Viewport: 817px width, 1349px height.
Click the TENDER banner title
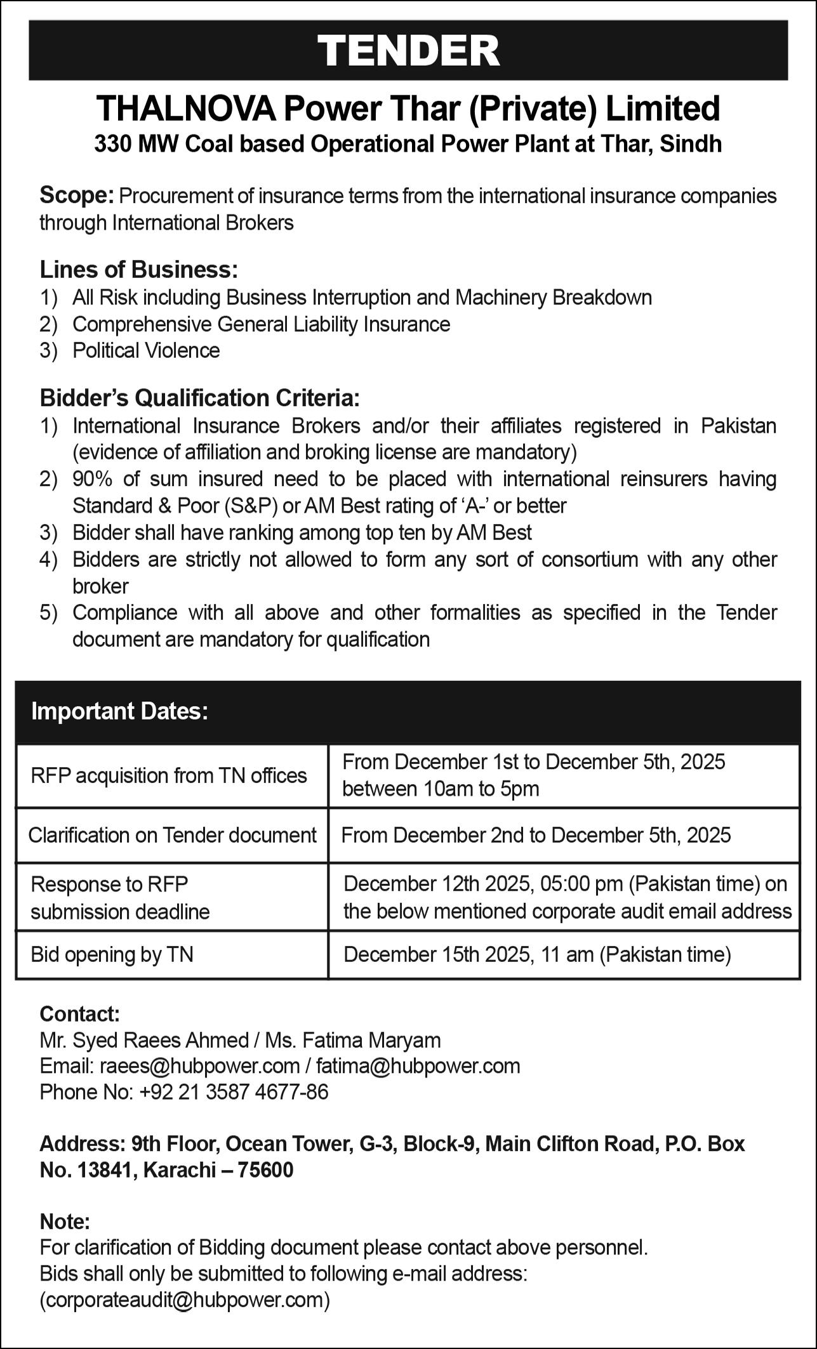(408, 50)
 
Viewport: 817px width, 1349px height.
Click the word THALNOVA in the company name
(186, 109)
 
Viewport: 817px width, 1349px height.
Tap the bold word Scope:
(76, 195)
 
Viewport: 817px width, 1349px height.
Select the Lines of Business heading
(138, 270)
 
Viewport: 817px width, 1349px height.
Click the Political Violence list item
(146, 350)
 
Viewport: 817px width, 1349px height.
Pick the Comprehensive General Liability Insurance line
(261, 324)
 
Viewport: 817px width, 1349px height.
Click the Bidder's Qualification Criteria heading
(199, 398)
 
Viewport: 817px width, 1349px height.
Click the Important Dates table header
(120, 711)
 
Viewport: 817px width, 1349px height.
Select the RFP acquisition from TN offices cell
(169, 775)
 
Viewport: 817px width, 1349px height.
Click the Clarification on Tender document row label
(172, 835)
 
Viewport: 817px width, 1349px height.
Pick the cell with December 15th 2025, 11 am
(537, 954)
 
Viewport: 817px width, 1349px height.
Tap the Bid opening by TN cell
(112, 954)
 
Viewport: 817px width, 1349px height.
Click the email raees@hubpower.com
(199, 1065)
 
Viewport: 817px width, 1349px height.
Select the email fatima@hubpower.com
(418, 1065)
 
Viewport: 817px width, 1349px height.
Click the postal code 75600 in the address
(265, 1169)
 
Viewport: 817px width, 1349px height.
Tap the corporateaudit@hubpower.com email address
(185, 1300)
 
